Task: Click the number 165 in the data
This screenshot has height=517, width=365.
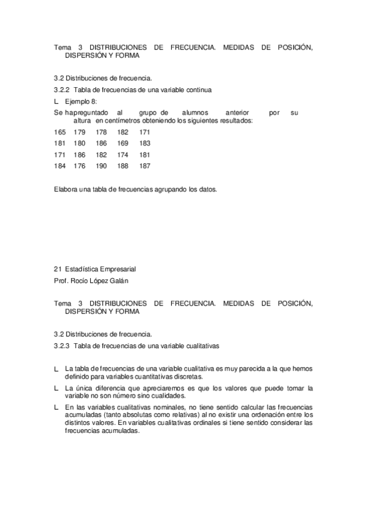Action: (60, 132)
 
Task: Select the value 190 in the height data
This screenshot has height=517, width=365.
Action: (101, 166)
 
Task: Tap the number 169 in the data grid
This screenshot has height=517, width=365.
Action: (123, 143)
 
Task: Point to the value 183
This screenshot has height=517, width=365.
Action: (144, 143)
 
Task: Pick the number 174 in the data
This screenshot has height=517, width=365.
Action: (123, 155)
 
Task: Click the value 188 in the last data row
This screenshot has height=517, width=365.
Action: (123, 166)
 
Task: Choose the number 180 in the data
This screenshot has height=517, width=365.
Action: (80, 143)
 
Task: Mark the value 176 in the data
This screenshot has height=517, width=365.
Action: (80, 166)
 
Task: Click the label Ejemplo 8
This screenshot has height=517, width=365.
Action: (80, 101)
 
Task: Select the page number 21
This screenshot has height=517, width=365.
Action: (58, 268)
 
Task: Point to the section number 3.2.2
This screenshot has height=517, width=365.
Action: (62, 90)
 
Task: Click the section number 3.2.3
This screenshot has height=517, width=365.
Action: (62, 346)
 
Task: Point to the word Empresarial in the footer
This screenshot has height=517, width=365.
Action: (115, 268)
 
